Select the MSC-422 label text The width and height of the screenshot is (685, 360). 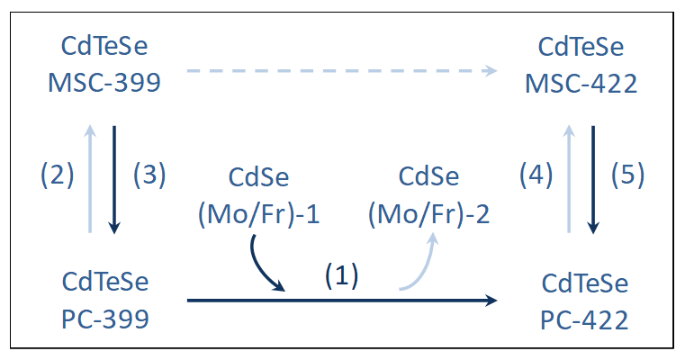[x=581, y=84]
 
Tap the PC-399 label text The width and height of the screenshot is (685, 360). [x=105, y=319]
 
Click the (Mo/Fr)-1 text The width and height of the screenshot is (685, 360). [x=259, y=215]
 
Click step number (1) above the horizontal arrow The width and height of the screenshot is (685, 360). [x=341, y=277]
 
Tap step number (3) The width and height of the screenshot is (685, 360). [x=149, y=175]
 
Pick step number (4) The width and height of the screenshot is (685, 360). [x=536, y=175]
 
